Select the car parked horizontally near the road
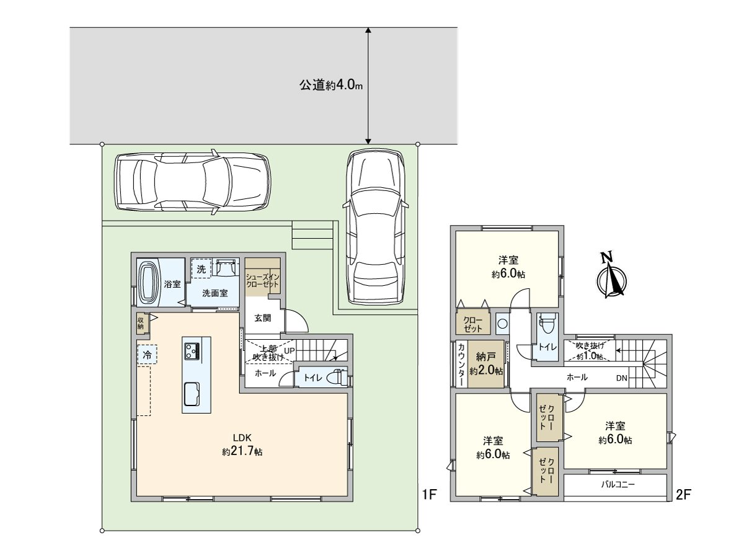pos(192,182)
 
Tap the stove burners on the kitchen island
pos(192,352)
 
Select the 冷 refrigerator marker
pos(147,355)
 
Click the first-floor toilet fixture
pos(335,377)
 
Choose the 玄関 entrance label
pos(263,318)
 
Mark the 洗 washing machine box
pos(201,269)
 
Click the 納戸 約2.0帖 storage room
pos(487,365)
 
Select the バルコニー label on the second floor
pos(618,484)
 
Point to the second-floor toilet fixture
pos(547,325)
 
